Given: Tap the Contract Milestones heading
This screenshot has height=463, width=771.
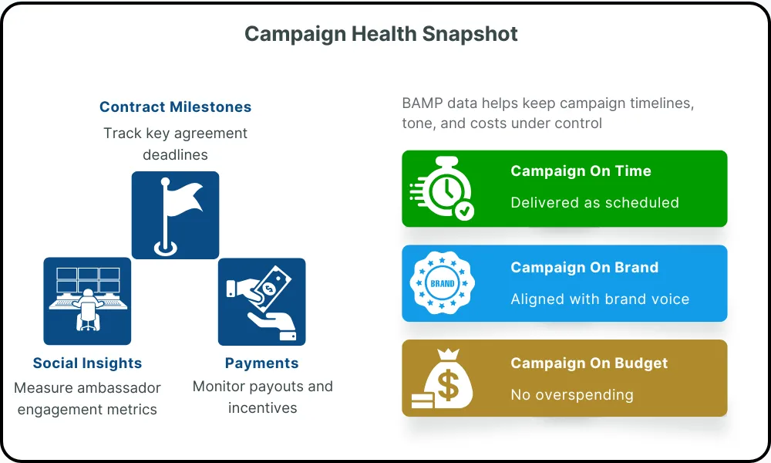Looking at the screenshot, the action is pyautogui.click(x=176, y=106).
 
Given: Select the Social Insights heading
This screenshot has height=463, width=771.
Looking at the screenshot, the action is pyautogui.click(x=88, y=363).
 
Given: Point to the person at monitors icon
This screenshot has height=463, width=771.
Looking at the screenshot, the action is pyautogui.click(x=88, y=299).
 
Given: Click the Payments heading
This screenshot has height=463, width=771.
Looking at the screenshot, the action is pyautogui.click(x=261, y=363).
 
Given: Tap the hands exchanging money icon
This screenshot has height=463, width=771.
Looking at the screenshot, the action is pyautogui.click(x=261, y=302).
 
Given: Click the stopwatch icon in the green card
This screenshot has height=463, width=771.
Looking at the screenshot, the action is pyautogui.click(x=442, y=188).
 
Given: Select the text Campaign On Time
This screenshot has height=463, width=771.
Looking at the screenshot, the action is pyautogui.click(x=581, y=171).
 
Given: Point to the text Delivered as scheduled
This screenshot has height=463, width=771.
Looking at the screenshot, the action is pyautogui.click(x=594, y=202).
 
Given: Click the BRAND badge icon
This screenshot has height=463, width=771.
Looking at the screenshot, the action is pyautogui.click(x=442, y=283).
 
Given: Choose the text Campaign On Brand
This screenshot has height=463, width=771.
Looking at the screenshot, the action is pyautogui.click(x=584, y=267).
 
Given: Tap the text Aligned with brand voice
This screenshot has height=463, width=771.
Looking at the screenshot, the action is pyautogui.click(x=600, y=299).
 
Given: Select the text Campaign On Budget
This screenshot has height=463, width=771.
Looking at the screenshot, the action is pyautogui.click(x=589, y=363).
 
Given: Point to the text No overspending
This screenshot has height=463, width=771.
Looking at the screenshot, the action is pyautogui.click(x=572, y=394).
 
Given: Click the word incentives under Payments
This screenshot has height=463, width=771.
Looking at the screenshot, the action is pyautogui.click(x=263, y=408).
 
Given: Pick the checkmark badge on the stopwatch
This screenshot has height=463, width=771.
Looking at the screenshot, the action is pyautogui.click(x=464, y=211).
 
